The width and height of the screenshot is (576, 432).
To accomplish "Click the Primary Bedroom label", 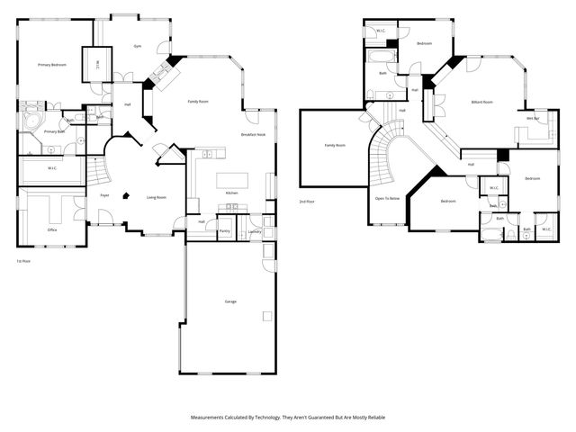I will click(51, 65).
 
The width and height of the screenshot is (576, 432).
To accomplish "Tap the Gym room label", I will click(138, 46).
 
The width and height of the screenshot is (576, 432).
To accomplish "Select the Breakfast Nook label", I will click(253, 135).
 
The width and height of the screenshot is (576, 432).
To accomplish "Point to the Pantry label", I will click(224, 229).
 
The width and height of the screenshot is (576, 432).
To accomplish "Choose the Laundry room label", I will click(255, 231).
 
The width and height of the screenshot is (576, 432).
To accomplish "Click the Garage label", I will click(230, 301).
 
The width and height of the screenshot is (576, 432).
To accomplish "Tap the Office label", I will click(52, 229).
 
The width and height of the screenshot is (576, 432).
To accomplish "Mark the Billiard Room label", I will click(482, 102).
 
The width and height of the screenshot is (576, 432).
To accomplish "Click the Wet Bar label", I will click(533, 118).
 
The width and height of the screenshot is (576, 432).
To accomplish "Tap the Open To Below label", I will click(388, 198).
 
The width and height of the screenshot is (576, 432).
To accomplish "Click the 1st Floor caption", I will click(24, 261).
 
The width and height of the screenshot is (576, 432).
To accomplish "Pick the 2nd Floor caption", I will click(307, 202).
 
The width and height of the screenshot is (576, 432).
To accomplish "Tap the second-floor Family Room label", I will click(335, 145).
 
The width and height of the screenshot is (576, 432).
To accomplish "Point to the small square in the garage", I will click(266, 316).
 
